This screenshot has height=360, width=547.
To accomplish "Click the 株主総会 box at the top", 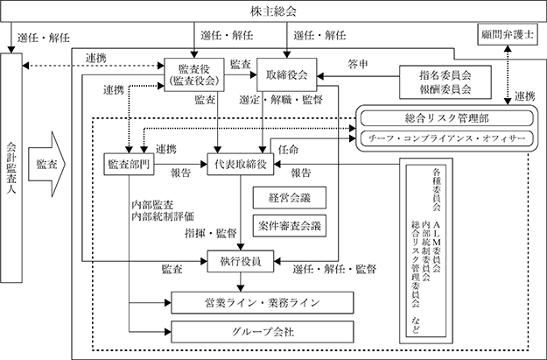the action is (273, 11).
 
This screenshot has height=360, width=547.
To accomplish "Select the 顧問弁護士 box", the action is (508, 34).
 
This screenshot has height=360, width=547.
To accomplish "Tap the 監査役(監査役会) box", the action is (194, 74).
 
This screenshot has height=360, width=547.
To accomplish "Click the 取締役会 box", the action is (287, 74).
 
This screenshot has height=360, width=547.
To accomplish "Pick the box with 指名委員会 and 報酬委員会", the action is (445, 82).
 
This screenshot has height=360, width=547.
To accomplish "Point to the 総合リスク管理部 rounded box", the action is (447, 118).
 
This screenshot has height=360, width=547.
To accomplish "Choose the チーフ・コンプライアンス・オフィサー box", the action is (447, 138).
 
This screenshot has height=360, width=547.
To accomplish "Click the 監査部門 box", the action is (129, 164).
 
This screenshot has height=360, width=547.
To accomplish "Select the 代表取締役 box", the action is (241, 164).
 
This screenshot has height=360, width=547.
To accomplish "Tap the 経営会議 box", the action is (290, 198).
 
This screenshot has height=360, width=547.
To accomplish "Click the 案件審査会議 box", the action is (290, 226).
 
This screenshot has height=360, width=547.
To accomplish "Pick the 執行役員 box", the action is (241, 261).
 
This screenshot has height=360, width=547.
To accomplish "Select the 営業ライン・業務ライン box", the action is (263, 302).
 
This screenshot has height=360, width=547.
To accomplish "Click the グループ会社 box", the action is (263, 331).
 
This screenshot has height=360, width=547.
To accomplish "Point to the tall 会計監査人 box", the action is (11, 167).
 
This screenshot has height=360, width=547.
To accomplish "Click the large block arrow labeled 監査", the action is (46, 164).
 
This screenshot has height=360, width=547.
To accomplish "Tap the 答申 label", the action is (358, 64).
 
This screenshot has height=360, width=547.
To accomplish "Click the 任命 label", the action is (288, 150).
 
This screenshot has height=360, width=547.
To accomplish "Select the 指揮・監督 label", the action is (211, 233).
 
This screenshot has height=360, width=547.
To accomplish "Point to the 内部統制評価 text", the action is (163, 216).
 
